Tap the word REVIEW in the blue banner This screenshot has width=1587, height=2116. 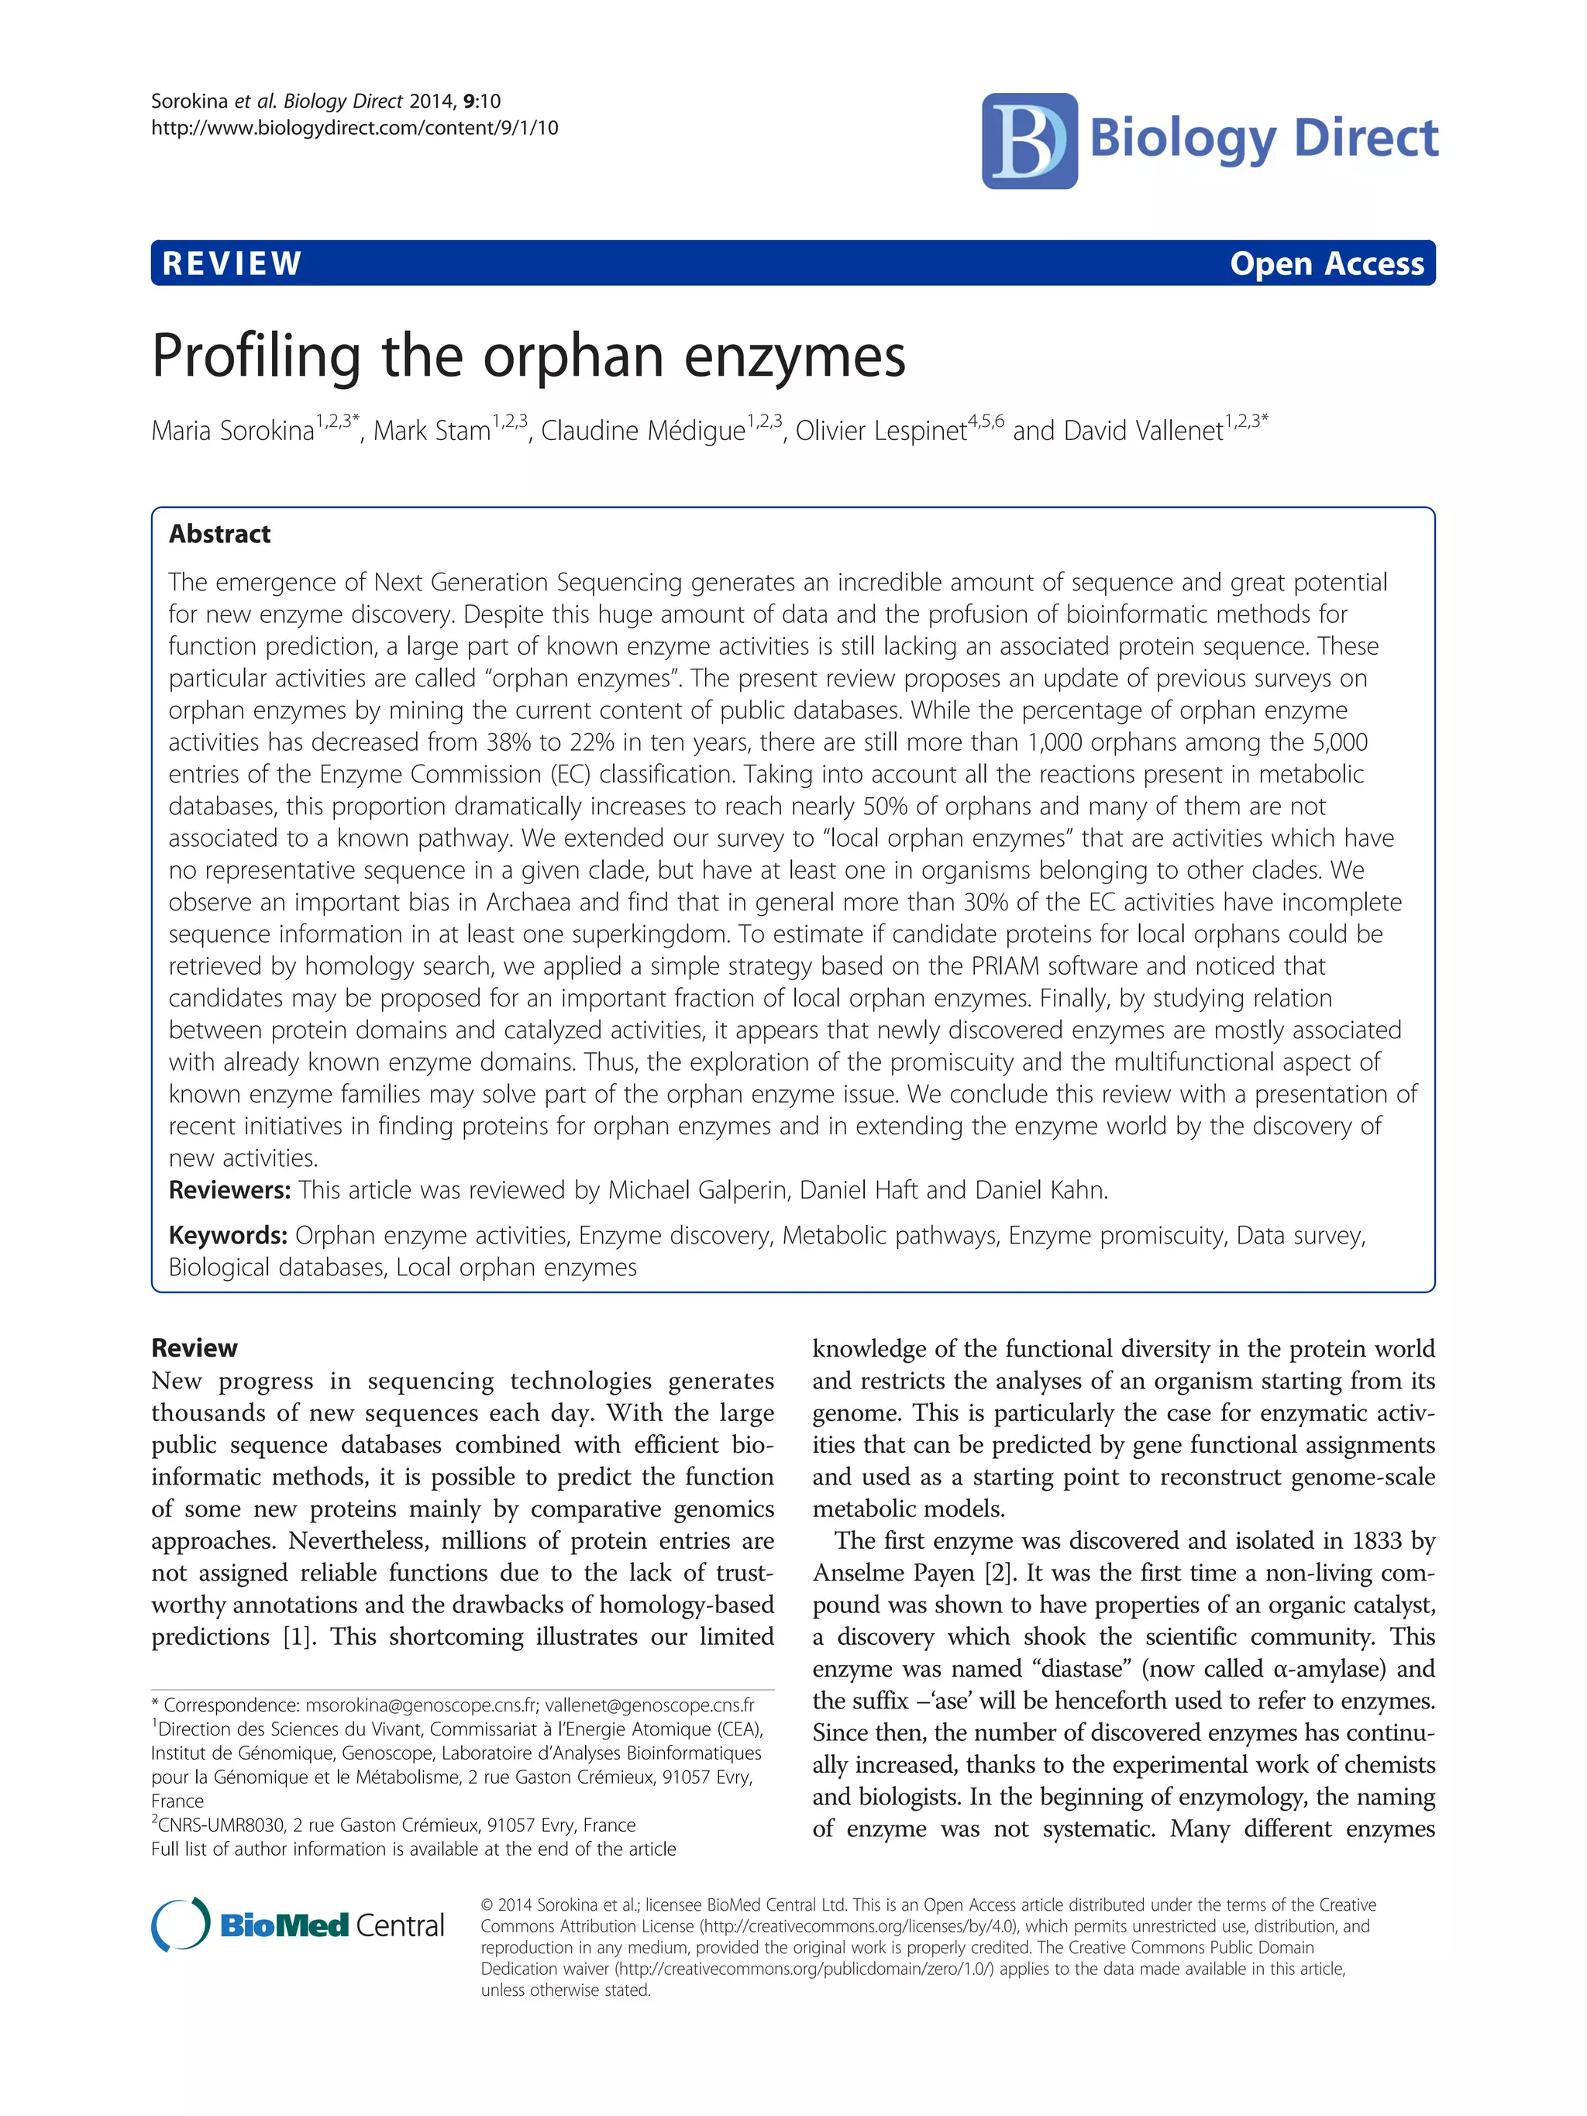(232, 263)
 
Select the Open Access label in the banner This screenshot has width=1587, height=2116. (1327, 263)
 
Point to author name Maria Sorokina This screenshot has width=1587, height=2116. (232, 432)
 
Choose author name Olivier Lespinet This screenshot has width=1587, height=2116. (880, 432)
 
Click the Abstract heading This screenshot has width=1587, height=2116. (220, 534)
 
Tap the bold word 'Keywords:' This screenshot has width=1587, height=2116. (228, 1235)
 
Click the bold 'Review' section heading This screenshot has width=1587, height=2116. (195, 1348)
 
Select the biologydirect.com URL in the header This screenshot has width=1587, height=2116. (354, 128)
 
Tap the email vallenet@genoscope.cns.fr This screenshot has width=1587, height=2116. (649, 1705)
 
